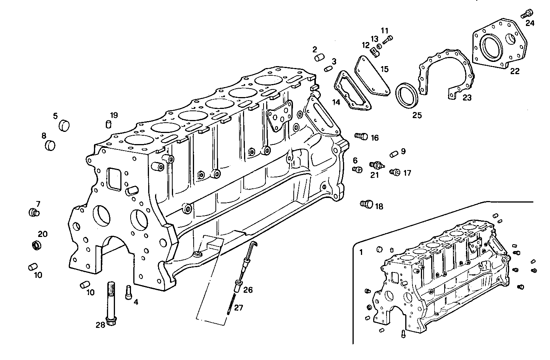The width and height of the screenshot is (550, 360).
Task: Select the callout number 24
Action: (530, 23)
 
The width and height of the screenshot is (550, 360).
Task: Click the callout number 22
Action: (515, 71)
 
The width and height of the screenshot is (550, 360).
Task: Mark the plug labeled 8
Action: (50, 145)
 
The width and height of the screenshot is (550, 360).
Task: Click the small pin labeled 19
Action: (108, 124)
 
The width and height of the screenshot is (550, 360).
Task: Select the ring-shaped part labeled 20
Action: (36, 245)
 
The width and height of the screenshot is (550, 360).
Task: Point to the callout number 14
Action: (336, 102)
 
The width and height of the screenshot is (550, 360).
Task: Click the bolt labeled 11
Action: (388, 39)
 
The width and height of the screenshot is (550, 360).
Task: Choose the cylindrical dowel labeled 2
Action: (319, 58)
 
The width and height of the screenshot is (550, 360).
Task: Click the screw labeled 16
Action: (361, 136)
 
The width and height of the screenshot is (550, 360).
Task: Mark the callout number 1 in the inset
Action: (361, 252)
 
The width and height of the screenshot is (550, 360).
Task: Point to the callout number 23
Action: (467, 98)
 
